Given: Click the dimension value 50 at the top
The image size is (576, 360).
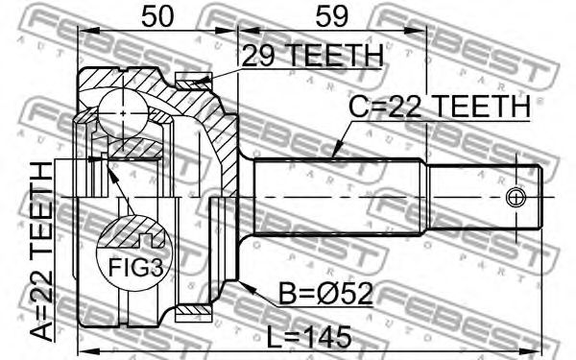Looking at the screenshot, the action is pyautogui.click(x=156, y=16).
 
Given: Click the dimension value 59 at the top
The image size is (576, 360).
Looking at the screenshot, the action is pyautogui.click(x=331, y=16).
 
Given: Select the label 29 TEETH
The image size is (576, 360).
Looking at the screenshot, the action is pyautogui.click(x=313, y=56).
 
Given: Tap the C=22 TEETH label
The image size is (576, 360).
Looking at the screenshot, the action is pyautogui.click(x=440, y=107).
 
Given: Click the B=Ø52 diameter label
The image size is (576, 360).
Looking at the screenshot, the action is pyautogui.click(x=325, y=294).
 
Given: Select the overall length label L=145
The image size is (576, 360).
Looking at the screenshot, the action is pyautogui.click(x=308, y=338).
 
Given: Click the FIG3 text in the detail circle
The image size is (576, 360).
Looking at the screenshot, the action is pyautogui.click(x=135, y=267).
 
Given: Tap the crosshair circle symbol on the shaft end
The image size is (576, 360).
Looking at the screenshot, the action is pyautogui.click(x=516, y=197).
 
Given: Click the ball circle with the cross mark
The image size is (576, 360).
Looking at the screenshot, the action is pyautogui.click(x=123, y=113).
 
